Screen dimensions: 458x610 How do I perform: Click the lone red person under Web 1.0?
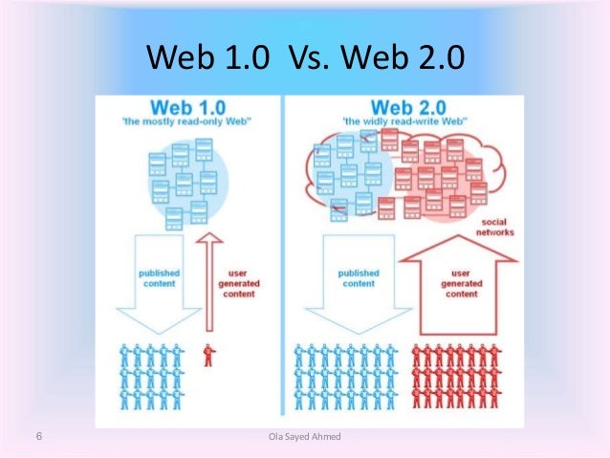(x=208, y=356)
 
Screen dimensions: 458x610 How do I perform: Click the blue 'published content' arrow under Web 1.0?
(x=159, y=287)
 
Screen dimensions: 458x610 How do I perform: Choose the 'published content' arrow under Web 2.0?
(x=359, y=287)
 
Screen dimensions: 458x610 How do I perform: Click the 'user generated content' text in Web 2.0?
(x=462, y=283)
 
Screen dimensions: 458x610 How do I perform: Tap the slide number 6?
(x=37, y=437)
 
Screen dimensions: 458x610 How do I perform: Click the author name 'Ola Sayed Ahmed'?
(x=305, y=438)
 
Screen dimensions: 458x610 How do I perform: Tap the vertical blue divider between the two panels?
(x=285, y=258)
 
